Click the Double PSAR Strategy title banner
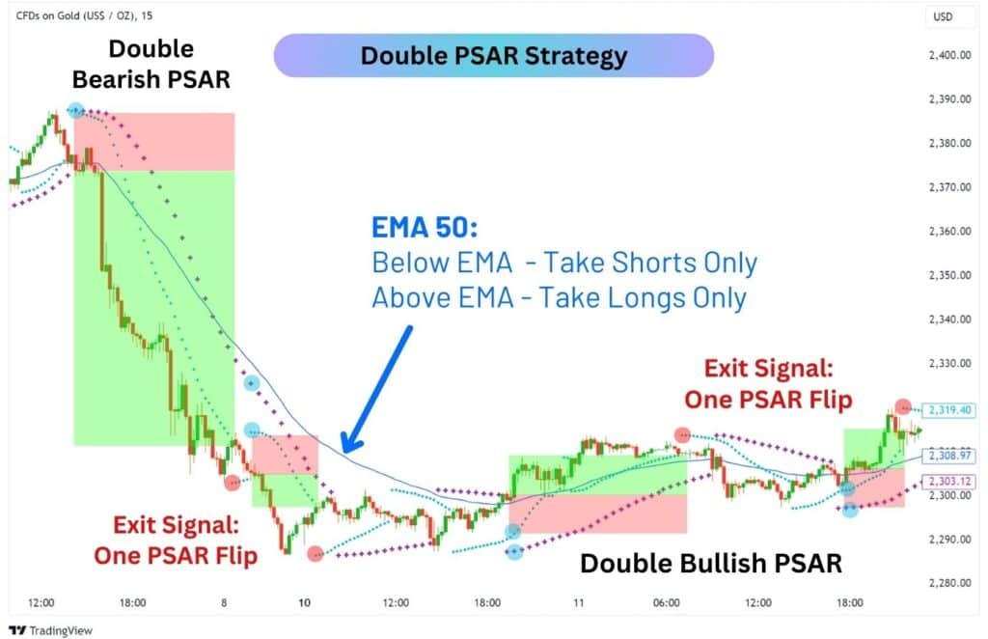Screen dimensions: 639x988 pyautogui.click(x=493, y=56)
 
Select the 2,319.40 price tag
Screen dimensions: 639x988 pyautogui.click(x=949, y=410)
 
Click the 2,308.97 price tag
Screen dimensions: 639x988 pyautogui.click(x=949, y=455)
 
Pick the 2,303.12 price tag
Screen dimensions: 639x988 pyautogui.click(x=949, y=482)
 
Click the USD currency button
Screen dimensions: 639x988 pyautogui.click(x=941, y=16)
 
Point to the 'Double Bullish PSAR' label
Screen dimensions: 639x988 pyautogui.click(x=710, y=563)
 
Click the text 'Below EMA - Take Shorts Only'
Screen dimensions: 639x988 pyautogui.click(x=564, y=263)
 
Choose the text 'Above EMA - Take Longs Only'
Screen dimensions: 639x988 pyautogui.click(x=559, y=298)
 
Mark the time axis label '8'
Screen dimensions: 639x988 pyautogui.click(x=224, y=602)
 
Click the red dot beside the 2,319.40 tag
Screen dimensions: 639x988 pyautogui.click(x=902, y=407)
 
